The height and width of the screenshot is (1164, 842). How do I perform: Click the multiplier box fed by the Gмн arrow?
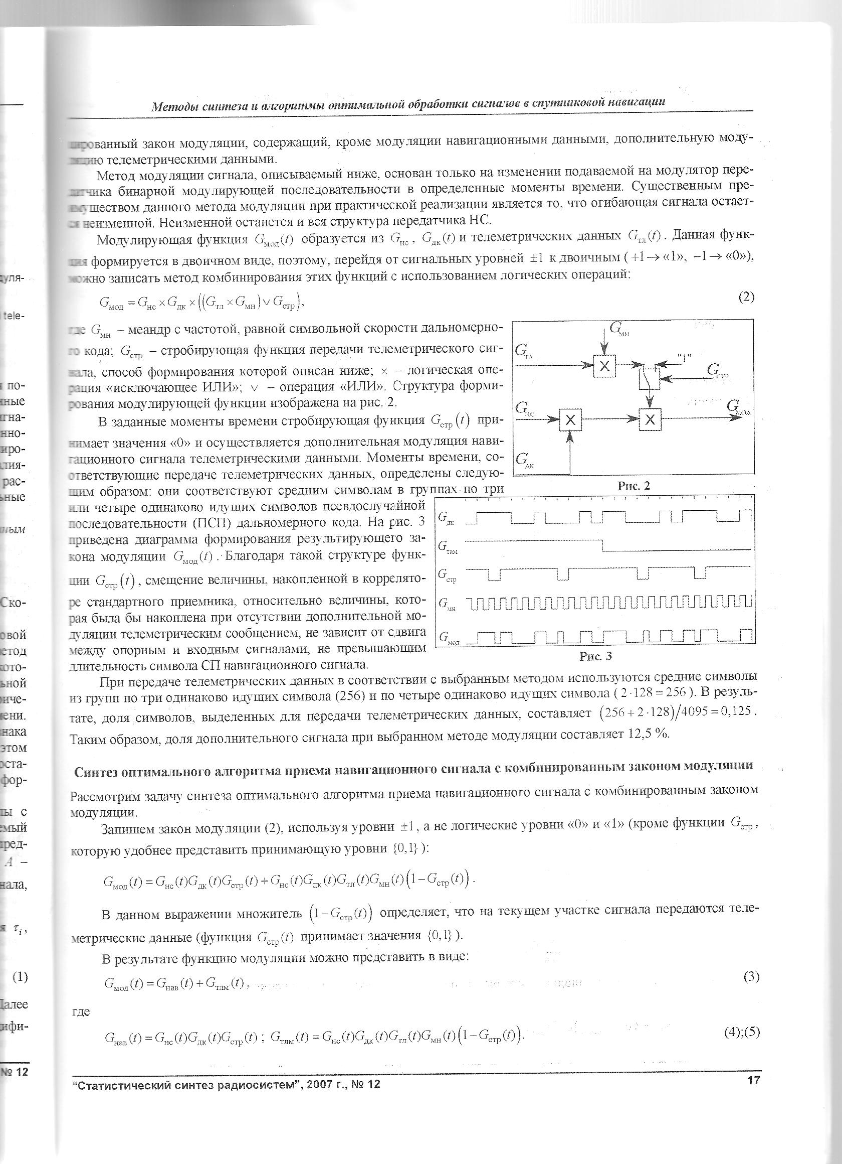tap(604, 365)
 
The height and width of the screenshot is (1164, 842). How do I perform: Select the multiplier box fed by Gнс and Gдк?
tap(570, 420)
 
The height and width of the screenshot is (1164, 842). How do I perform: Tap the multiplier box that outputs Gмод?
tap(650, 420)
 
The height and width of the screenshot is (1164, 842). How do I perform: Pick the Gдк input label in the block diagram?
tap(525, 460)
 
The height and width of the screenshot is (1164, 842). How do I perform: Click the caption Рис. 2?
tap(634, 486)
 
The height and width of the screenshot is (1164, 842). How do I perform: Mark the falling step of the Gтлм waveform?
tap(603, 545)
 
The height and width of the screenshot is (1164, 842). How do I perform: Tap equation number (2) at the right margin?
tap(746, 297)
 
